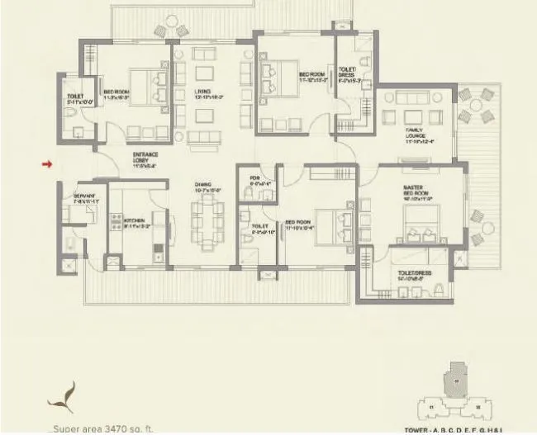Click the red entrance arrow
[47, 164]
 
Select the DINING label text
[203, 187]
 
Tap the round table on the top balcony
[171, 31]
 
